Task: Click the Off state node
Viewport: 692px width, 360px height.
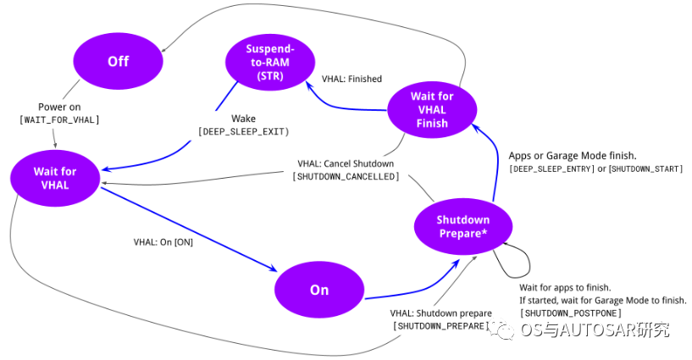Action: [118, 62]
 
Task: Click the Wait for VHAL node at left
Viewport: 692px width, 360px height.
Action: [55, 178]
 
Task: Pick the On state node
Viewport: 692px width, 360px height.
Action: [318, 290]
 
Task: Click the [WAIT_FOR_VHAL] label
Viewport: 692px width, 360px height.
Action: [59, 120]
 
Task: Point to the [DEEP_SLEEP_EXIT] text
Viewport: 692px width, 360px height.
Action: [243, 132]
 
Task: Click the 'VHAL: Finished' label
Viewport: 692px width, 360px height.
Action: [352, 79]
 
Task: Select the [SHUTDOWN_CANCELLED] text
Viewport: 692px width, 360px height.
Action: [346, 176]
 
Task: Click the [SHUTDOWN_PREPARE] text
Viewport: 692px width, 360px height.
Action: [441, 326]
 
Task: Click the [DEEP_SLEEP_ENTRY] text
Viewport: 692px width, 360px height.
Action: [549, 169]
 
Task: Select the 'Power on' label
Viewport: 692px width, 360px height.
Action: [59, 108]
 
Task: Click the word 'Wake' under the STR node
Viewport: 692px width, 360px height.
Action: [243, 119]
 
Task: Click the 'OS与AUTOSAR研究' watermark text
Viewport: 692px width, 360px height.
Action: [595, 330]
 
